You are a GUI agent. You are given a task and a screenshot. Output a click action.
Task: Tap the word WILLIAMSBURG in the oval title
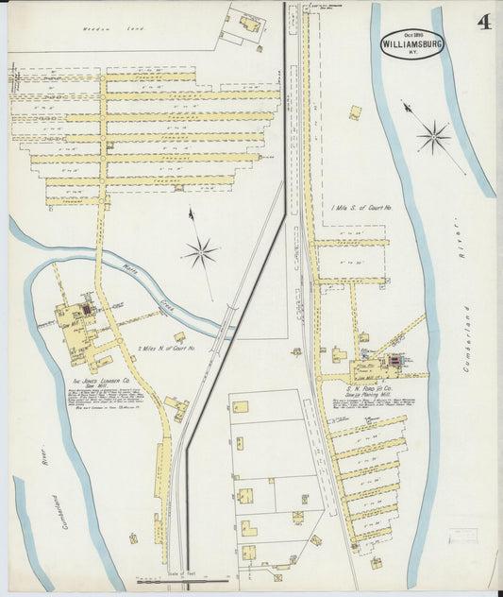[x=411, y=43]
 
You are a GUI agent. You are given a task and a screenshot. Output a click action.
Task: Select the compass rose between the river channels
[x=434, y=137]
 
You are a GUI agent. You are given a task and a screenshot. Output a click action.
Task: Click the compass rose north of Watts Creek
[x=200, y=251]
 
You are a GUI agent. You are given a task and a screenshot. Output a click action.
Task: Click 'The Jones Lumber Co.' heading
[x=101, y=383]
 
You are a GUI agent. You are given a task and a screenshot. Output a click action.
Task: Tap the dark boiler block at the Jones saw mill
[x=88, y=309]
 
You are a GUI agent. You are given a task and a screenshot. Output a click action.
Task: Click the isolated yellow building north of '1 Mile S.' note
[x=355, y=112]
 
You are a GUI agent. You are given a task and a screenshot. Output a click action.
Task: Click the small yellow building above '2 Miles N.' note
[x=179, y=335]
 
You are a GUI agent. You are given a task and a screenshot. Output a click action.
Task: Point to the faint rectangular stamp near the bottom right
[x=465, y=537]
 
